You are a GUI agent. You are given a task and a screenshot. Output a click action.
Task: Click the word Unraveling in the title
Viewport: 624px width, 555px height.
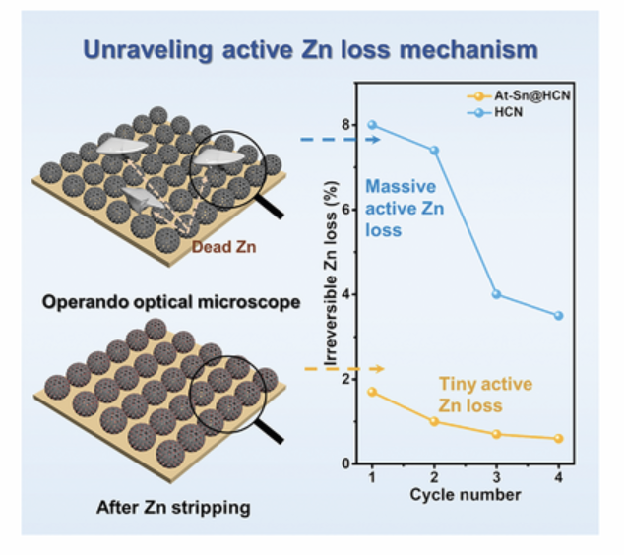148,51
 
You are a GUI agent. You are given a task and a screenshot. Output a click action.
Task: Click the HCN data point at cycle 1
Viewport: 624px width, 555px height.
372,125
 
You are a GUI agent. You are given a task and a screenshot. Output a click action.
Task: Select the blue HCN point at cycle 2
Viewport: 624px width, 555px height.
434,151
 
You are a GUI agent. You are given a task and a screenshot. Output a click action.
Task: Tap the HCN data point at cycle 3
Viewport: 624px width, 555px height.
496,294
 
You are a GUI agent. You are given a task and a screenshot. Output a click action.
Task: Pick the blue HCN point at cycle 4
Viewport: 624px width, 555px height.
558,316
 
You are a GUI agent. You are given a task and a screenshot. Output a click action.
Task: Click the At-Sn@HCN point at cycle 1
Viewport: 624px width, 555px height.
372,392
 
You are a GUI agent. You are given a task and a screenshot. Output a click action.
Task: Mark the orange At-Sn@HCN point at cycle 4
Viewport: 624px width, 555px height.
558,439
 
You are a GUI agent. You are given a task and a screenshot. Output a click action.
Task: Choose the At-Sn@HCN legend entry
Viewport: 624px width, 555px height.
519,95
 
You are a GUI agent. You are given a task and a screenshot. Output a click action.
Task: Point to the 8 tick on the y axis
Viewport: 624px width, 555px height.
346,125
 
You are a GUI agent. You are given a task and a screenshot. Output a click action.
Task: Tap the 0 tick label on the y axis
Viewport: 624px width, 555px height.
346,463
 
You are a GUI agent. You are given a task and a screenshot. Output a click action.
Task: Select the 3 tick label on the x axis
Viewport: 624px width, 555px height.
496,476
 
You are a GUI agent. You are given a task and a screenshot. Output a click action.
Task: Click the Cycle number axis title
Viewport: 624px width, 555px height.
466,495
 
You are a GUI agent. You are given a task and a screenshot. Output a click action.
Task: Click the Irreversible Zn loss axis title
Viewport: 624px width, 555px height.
331,274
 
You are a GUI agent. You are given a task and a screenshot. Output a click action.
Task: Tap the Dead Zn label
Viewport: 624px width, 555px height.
223,247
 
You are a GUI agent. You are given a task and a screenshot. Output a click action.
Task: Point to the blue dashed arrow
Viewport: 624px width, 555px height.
341,140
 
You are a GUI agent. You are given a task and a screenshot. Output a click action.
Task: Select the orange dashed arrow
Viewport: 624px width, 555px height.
344,369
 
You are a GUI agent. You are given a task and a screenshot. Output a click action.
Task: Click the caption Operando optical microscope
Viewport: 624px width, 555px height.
171,302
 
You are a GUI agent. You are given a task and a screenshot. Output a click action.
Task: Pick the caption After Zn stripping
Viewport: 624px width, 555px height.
173,508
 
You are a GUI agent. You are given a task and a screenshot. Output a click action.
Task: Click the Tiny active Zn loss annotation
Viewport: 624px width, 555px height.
485,395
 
